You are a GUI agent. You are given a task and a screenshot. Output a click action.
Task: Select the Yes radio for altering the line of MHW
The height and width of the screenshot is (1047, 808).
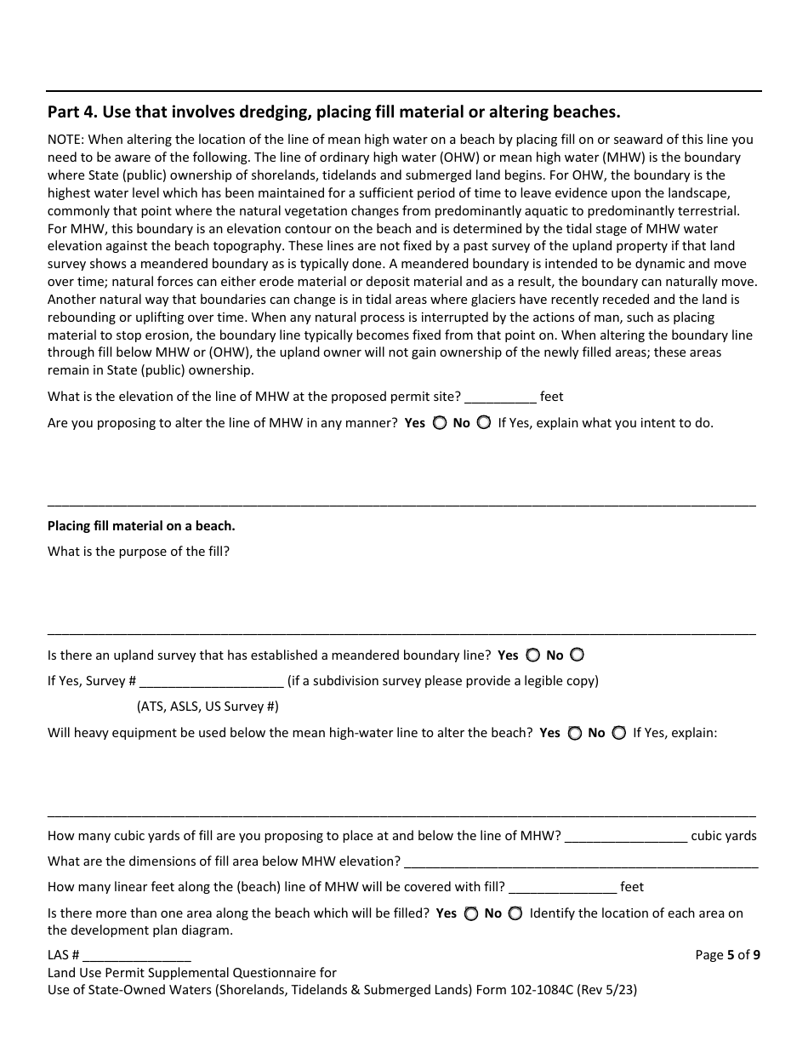tap(439, 423)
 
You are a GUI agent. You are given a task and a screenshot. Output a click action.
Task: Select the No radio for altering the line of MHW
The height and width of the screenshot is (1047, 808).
tap(483, 423)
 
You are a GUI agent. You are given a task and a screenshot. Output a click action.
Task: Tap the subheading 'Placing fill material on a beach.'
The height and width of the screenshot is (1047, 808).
tap(141, 526)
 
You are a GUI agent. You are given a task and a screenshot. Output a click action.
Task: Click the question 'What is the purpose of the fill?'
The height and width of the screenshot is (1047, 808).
tap(139, 552)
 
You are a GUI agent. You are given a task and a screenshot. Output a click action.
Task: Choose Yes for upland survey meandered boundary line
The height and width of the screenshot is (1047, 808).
tap(532, 655)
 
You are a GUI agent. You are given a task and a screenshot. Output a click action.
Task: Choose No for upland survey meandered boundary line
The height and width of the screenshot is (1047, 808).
tap(577, 655)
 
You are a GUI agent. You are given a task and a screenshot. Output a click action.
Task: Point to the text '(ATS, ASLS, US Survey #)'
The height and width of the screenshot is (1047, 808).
tap(208, 707)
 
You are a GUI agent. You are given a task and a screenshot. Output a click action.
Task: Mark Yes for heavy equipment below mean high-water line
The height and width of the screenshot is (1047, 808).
tap(574, 733)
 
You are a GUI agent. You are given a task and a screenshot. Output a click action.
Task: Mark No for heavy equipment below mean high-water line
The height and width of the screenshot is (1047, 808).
tap(618, 733)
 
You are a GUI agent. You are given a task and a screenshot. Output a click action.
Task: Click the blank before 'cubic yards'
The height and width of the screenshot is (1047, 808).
tap(626, 837)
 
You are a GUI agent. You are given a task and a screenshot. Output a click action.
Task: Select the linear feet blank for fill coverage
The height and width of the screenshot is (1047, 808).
tap(562, 888)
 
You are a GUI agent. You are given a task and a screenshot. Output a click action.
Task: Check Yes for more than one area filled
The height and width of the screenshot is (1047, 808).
tap(470, 913)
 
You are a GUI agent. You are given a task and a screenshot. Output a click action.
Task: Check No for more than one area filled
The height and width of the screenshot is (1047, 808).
tap(515, 913)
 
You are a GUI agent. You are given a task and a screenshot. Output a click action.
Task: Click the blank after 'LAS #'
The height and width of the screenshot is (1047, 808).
tap(137, 956)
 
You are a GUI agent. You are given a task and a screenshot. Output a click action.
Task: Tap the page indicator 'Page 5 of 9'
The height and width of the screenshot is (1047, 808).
tap(727, 955)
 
